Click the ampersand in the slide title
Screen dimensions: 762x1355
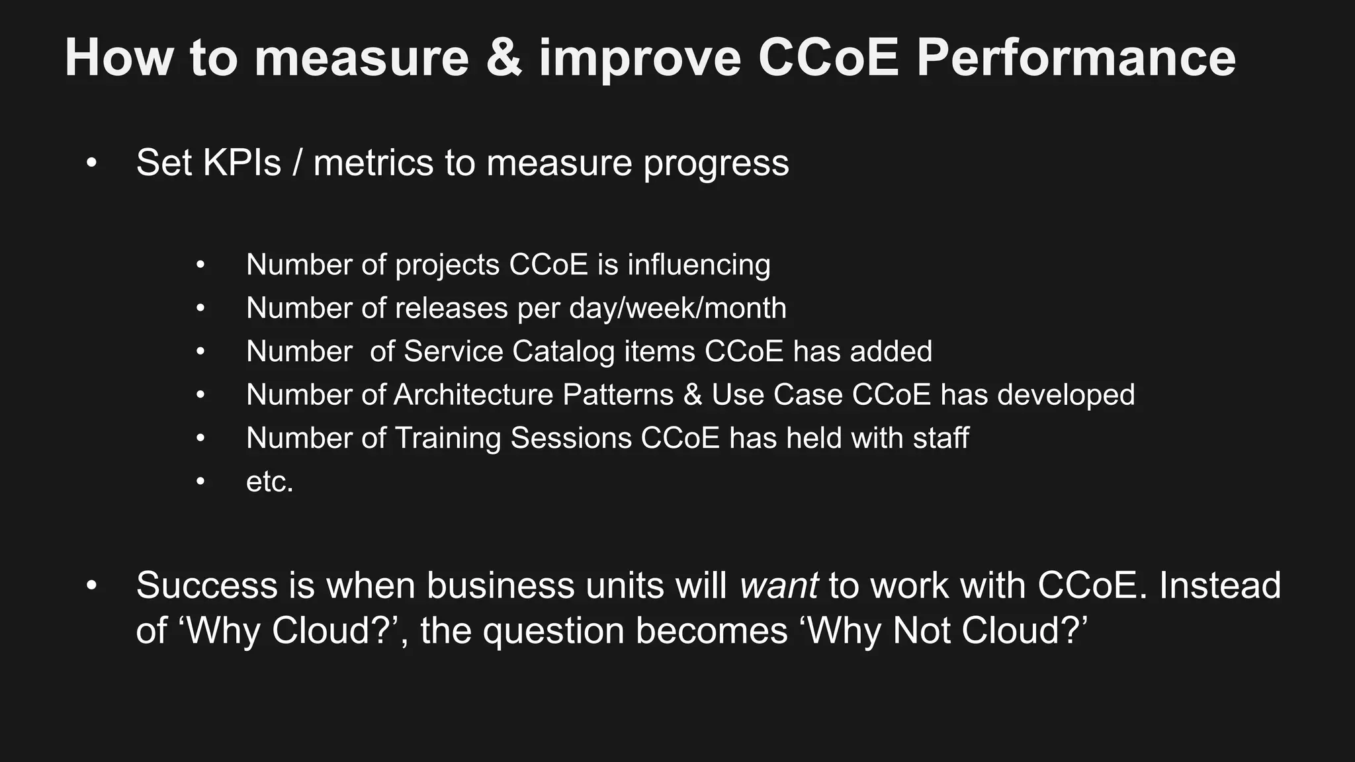click(x=504, y=58)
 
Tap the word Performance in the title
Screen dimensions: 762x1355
click(x=1076, y=58)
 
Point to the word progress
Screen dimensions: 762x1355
click(x=717, y=163)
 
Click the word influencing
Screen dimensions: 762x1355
click(x=699, y=265)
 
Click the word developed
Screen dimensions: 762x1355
click(x=1066, y=395)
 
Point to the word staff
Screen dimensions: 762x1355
click(x=941, y=438)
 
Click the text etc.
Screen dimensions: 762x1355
click(x=269, y=482)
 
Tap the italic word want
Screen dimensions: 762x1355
click(x=779, y=585)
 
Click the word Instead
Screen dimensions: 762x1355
click(x=1220, y=585)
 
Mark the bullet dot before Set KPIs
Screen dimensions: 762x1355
click(x=92, y=163)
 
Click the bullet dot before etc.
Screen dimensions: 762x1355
click(x=200, y=482)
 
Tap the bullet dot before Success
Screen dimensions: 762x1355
click(x=92, y=586)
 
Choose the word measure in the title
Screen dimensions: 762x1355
click(x=361, y=58)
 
